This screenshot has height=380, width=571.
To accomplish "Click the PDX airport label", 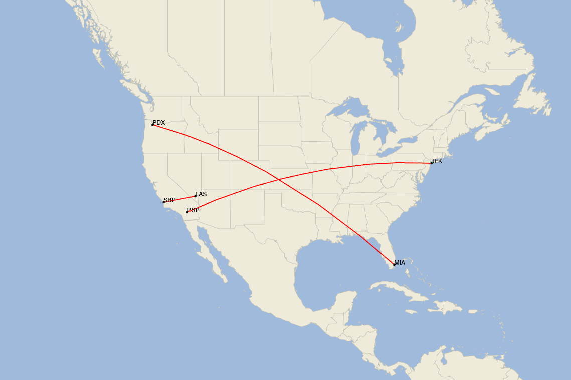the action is [159, 123].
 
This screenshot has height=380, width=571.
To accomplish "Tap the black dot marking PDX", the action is [152, 124].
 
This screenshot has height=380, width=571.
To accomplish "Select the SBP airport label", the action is [169, 200].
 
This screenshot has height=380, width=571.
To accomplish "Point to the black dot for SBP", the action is [163, 202].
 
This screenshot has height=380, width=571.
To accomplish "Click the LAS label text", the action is [201, 194].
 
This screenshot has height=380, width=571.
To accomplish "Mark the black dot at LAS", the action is [195, 196].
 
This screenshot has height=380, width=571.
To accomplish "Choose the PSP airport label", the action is [193, 210].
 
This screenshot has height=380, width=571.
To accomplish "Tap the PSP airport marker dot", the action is [187, 212].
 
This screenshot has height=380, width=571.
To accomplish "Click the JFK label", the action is [437, 161].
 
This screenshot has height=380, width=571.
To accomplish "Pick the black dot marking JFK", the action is [431, 163].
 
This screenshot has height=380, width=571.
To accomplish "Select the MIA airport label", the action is [400, 263].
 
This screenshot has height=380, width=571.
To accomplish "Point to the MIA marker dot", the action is [394, 264].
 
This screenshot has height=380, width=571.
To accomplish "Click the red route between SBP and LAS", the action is [179, 199].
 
